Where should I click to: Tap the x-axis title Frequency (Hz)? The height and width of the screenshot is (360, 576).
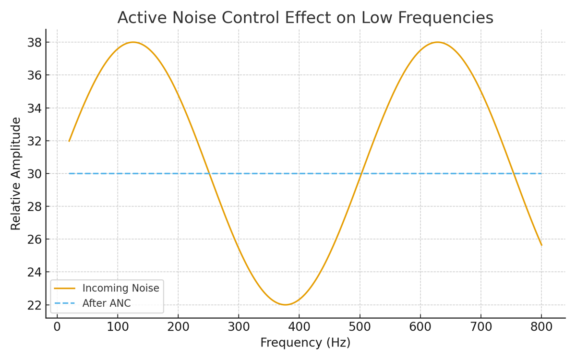click(x=305, y=343)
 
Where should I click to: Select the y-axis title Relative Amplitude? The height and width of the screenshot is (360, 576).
click(x=16, y=173)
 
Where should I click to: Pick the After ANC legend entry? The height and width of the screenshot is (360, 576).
click(x=106, y=303)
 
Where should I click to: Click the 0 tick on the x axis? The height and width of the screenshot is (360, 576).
click(x=57, y=327)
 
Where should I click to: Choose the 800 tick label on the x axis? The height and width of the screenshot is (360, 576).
click(x=541, y=327)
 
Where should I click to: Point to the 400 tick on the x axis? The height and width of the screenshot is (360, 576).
click(x=299, y=327)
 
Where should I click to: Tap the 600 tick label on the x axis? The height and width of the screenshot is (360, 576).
click(x=420, y=327)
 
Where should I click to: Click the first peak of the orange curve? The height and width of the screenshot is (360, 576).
click(x=133, y=42)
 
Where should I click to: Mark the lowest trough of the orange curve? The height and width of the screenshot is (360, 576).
click(x=285, y=305)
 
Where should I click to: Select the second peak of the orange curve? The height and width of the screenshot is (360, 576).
click(x=437, y=42)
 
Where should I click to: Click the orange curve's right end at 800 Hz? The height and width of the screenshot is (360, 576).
click(x=541, y=245)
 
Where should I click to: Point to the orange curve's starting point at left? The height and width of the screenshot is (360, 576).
click(x=69, y=141)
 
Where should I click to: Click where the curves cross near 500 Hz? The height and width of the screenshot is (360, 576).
click(x=361, y=173)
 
